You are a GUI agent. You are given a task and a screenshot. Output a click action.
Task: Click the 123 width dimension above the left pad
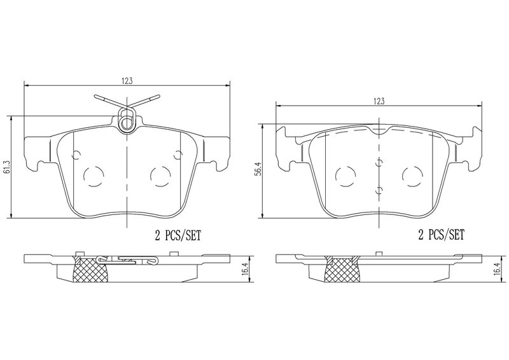[127, 81]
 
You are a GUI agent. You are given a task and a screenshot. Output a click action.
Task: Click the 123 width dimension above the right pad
[379, 101]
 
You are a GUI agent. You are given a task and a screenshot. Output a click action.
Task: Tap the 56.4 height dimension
[257, 171]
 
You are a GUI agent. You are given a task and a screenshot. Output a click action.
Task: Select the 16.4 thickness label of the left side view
[246, 269]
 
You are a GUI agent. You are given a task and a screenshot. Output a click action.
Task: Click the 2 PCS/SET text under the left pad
[178, 235]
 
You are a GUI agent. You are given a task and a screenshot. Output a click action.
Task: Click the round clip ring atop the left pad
[126, 123]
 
